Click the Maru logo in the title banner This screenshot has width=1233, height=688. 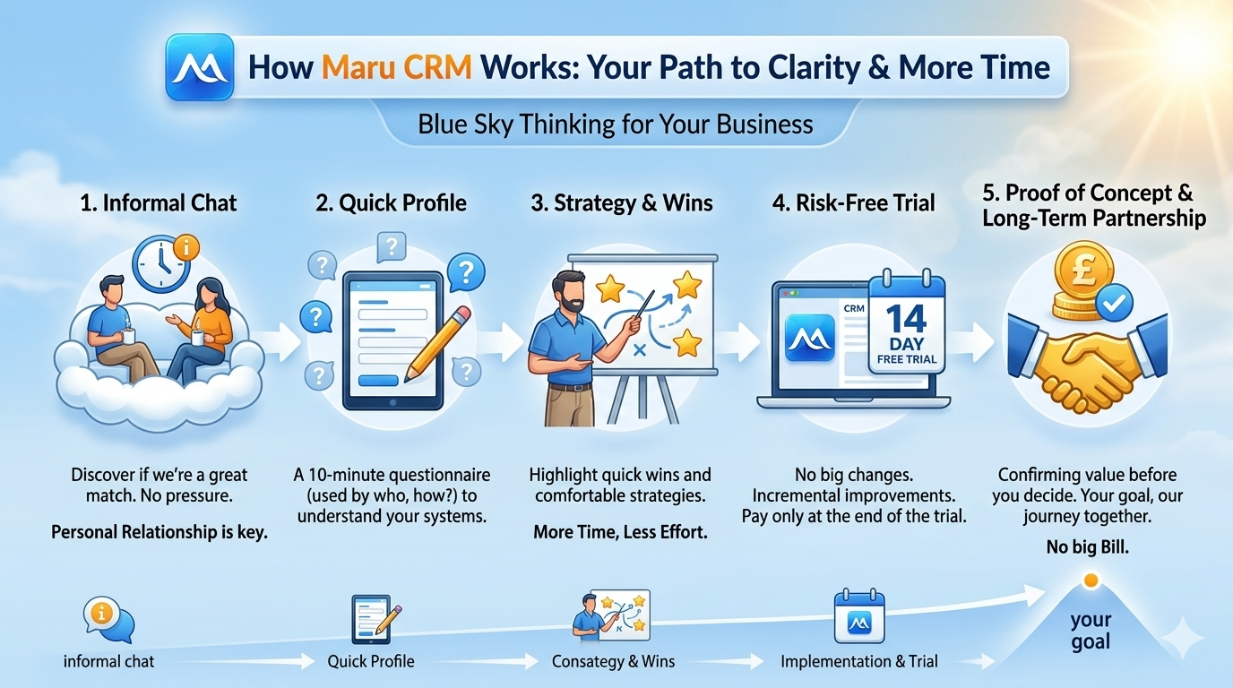(x=200, y=67)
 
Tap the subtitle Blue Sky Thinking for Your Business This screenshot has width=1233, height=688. (x=615, y=125)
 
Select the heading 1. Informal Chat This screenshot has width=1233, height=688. (x=159, y=203)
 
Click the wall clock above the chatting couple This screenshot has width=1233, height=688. (x=161, y=264)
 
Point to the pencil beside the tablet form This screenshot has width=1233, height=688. (x=437, y=344)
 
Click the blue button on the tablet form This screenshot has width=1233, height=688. (x=378, y=381)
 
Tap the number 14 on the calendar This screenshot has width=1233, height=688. (x=906, y=319)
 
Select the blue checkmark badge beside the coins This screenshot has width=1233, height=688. (x=1114, y=303)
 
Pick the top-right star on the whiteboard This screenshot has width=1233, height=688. (x=687, y=285)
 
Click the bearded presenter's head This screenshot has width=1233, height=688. (x=570, y=292)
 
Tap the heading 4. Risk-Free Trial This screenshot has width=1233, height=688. (x=854, y=203)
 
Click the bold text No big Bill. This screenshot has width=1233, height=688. (x=1087, y=547)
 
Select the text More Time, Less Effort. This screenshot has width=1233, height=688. (x=620, y=532)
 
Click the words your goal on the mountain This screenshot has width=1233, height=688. (x=1091, y=631)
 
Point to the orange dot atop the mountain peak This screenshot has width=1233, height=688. (x=1091, y=580)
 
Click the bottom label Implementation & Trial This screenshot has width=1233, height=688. (x=858, y=661)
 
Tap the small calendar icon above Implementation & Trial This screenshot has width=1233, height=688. (x=859, y=616)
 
